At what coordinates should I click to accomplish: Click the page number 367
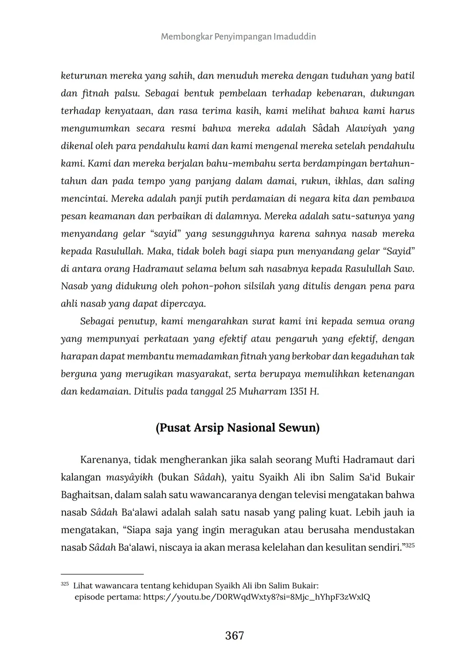(235, 635)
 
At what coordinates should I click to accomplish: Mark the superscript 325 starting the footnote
(65, 584)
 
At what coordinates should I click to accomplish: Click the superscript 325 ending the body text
(410, 545)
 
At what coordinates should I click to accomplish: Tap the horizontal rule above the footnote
(102, 574)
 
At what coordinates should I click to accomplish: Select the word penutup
(138, 321)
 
